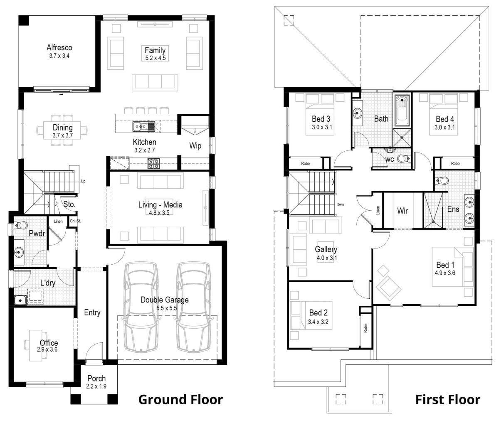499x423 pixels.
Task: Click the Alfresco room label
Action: (59, 47)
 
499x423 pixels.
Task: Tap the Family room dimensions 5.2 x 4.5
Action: (155, 58)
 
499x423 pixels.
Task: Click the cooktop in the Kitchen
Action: (153, 164)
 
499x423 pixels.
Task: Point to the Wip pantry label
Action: (195, 146)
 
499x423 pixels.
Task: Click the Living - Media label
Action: (160, 204)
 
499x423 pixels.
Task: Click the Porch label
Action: (96, 379)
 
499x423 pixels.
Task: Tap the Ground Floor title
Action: (180, 400)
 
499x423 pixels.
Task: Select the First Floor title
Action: (447, 400)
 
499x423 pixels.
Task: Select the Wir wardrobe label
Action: (402, 211)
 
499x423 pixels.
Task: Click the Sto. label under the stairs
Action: (69, 204)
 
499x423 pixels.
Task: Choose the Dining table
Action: (63, 130)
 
